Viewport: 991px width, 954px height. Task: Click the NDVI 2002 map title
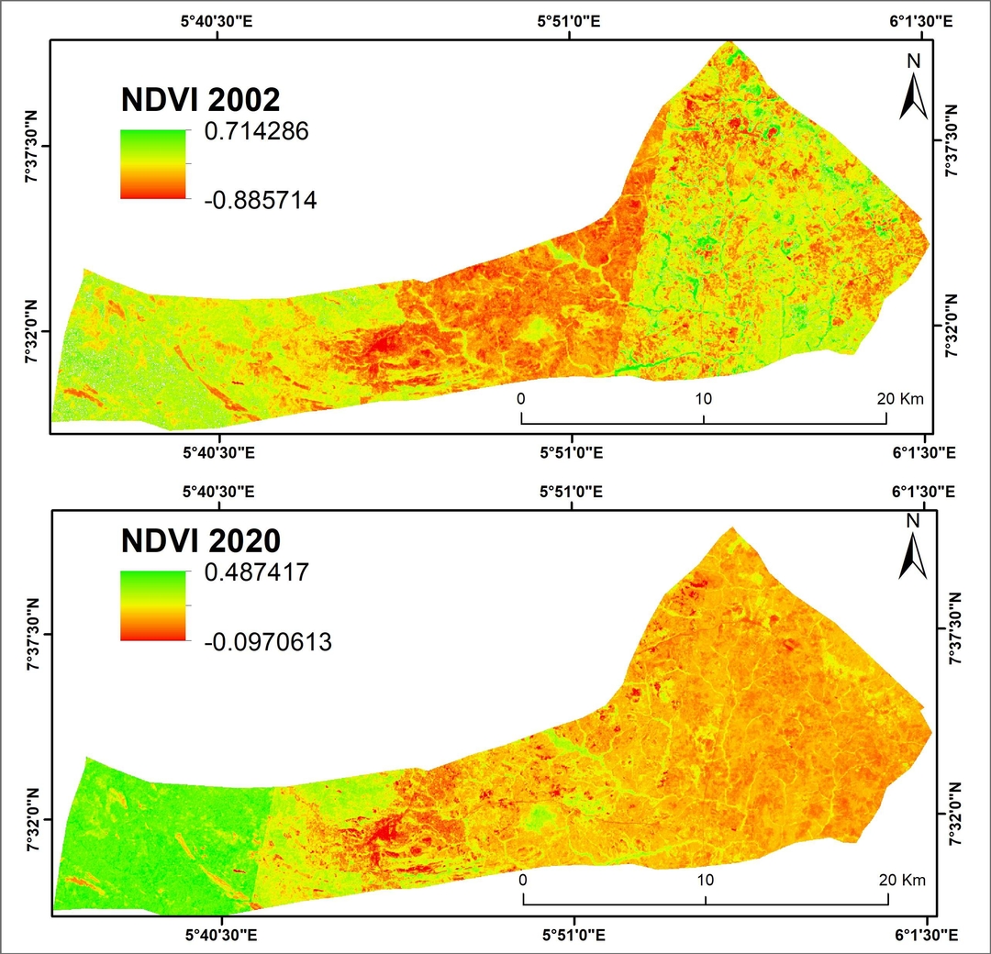coord(201,99)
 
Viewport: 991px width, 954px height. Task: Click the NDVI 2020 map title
coord(201,538)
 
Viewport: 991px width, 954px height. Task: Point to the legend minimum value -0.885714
coord(260,200)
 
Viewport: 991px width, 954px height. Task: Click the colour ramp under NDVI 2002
coord(152,164)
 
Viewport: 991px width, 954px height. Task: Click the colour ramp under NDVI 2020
coord(152,605)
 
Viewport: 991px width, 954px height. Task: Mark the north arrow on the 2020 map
coord(913,547)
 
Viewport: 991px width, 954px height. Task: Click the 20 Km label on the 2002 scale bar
coord(899,399)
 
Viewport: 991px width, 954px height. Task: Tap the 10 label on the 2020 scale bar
coord(706,879)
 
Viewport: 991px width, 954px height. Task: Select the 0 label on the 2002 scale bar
coord(520,399)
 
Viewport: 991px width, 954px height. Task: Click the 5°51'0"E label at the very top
coord(571,21)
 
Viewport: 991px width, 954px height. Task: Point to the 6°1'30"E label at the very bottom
coord(923,935)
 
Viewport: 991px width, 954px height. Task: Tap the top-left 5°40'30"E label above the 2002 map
coord(218,21)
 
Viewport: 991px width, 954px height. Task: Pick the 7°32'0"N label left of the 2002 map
coord(30,333)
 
